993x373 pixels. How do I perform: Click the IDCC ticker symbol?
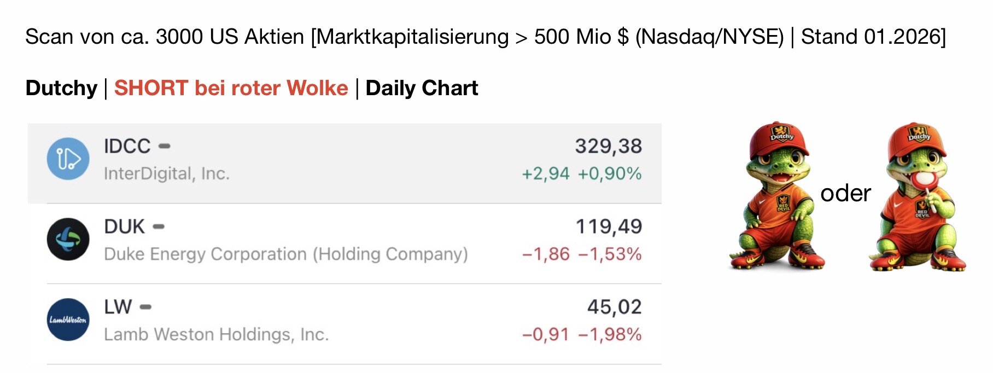point(127,146)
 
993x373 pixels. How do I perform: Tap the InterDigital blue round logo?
point(68,159)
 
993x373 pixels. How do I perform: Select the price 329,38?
point(608,146)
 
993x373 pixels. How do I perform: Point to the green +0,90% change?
point(610,174)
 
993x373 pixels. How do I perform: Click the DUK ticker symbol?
point(124,226)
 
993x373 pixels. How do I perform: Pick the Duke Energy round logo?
point(68,240)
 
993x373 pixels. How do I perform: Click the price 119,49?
point(609,226)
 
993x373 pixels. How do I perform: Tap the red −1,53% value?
point(610,254)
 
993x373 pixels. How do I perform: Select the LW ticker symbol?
point(118,307)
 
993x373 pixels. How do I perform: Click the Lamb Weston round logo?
point(68,320)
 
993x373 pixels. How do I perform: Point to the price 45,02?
point(614,307)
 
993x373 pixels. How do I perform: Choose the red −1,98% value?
point(610,335)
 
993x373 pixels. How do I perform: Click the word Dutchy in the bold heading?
point(61,88)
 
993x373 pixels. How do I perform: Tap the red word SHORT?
point(151,88)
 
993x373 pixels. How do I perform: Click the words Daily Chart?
point(422,88)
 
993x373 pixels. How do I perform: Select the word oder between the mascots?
point(845,193)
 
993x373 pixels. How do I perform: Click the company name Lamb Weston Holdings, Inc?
point(217,335)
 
